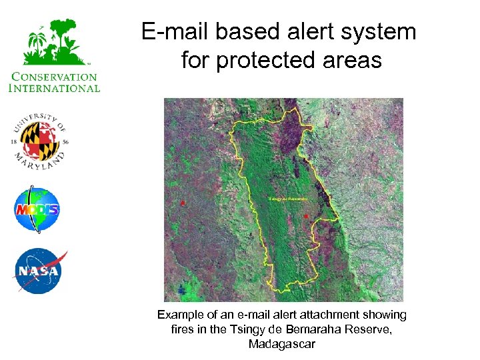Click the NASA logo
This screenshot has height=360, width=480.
(39, 271)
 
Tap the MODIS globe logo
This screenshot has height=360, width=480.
(37, 210)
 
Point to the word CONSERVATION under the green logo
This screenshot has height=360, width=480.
(55, 77)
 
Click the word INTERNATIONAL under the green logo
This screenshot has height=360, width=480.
(55, 87)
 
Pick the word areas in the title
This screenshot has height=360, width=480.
(353, 61)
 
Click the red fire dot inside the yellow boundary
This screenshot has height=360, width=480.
(305, 217)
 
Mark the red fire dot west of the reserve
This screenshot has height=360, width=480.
(183, 201)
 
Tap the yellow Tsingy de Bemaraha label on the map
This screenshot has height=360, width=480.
(288, 199)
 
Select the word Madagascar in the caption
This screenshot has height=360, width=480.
(281, 344)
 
